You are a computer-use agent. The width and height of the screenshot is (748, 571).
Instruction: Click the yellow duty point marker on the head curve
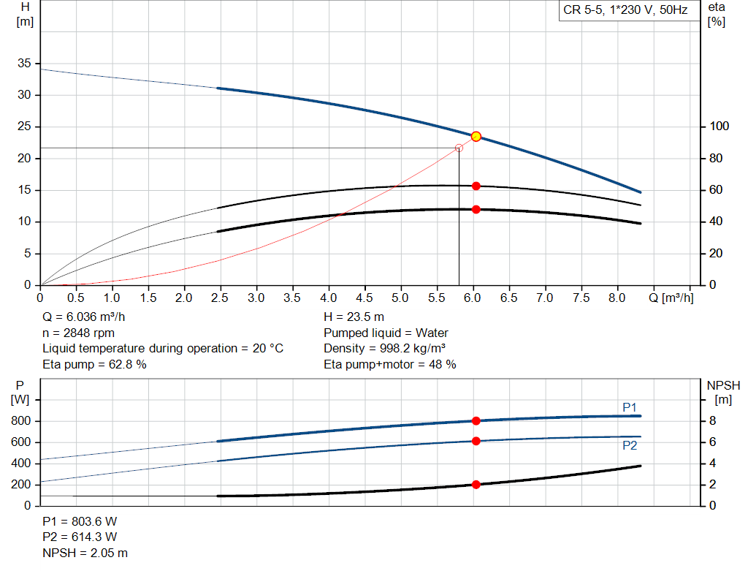pos(476,136)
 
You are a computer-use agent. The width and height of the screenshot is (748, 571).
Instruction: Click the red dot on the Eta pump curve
pos(476,186)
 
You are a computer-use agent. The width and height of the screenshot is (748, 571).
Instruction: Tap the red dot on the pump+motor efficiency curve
pos(476,209)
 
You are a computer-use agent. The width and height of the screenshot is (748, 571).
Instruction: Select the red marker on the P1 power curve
pos(476,420)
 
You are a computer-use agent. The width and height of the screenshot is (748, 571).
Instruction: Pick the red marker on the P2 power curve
pos(476,441)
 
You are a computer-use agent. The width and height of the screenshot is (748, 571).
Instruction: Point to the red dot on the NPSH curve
pos(476,484)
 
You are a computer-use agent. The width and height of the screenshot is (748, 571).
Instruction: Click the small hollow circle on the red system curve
pos(459,148)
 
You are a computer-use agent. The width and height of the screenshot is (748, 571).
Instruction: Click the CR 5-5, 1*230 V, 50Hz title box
pos(625,10)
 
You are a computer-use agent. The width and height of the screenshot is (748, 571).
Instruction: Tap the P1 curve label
pos(630,407)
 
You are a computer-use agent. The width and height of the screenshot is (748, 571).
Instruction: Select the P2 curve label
pos(630,445)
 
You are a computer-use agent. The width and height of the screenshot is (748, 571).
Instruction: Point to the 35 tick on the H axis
pos(24,64)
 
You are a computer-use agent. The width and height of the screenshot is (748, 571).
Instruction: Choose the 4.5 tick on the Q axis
pos(365,298)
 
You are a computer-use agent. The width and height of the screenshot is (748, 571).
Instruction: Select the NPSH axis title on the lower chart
pos(723,385)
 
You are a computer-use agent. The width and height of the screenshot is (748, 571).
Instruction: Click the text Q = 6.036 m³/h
pos(88,317)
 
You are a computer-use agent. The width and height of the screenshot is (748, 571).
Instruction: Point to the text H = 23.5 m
pos(354,317)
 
